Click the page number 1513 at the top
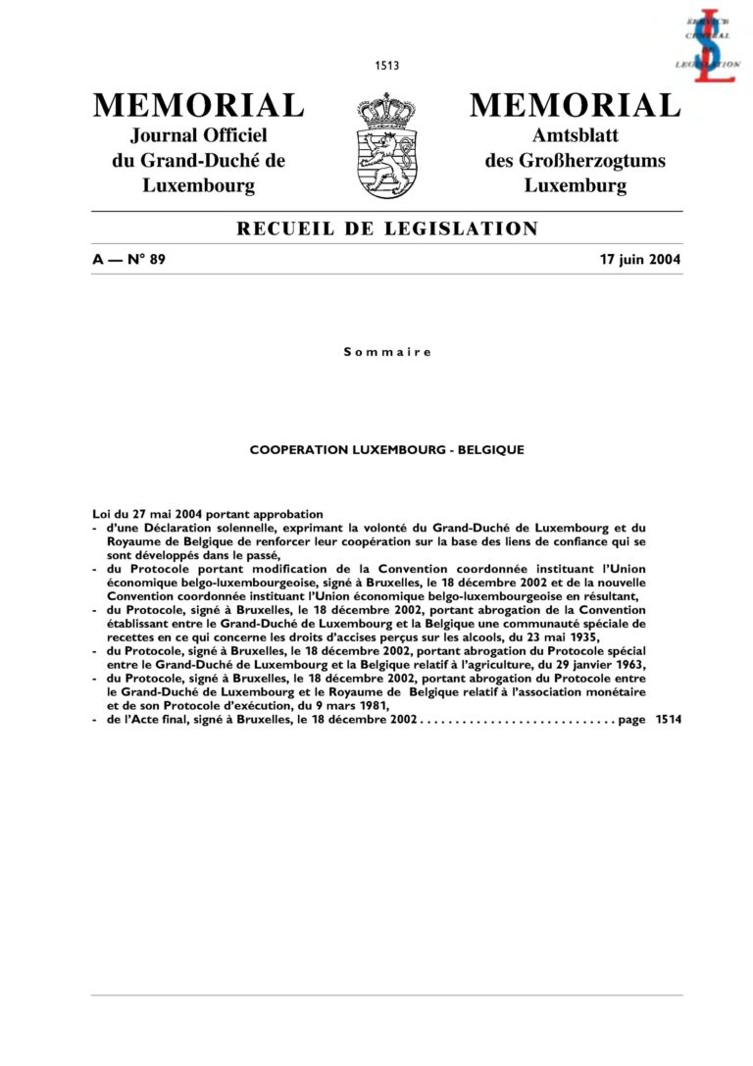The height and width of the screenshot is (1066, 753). [x=386, y=66]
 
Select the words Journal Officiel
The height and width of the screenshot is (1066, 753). [x=199, y=136]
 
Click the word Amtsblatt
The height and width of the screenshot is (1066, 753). [x=575, y=136]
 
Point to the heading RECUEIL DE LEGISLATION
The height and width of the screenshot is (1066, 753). [x=387, y=229]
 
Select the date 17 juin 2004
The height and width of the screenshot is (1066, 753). [x=640, y=260]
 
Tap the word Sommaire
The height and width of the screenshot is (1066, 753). [x=386, y=351]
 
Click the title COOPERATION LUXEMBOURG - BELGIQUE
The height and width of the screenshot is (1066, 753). [x=386, y=450]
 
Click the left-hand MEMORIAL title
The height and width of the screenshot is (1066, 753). [x=198, y=105]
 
